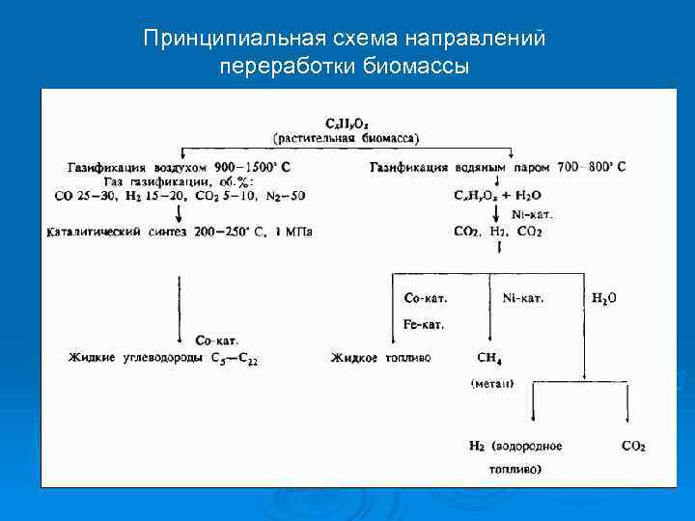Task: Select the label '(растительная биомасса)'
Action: click(x=346, y=138)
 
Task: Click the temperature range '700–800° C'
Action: click(x=592, y=166)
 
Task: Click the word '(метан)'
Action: click(x=492, y=383)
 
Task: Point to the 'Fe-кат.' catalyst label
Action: click(x=424, y=325)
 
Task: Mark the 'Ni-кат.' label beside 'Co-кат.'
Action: click(x=523, y=298)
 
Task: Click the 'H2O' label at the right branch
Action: click(x=604, y=298)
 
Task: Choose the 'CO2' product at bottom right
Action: click(x=633, y=446)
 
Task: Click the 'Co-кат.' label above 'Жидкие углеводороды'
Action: click(x=217, y=341)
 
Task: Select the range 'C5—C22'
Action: click(x=235, y=359)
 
